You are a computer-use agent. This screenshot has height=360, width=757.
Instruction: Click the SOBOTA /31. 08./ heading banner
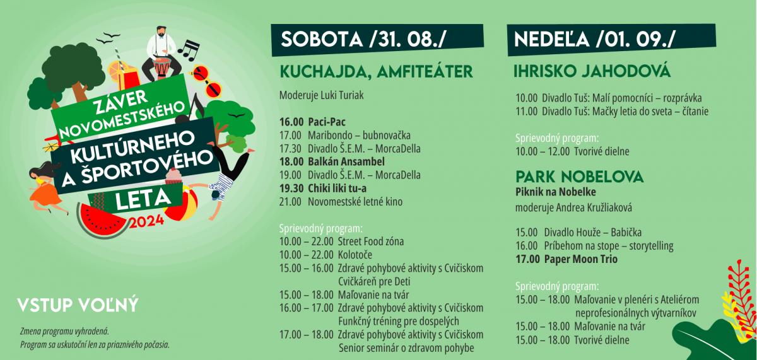coord(377,40)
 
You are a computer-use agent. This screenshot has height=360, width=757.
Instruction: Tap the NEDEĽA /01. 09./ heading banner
coord(611,40)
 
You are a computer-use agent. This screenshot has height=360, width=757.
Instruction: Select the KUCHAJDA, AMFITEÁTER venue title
coord(376,72)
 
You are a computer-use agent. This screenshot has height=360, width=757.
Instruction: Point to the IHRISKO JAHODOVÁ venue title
coord(592,71)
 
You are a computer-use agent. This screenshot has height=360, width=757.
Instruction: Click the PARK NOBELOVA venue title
coord(580,177)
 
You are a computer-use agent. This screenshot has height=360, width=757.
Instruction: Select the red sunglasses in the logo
coord(206,81)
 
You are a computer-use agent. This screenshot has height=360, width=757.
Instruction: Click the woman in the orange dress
coord(45,187)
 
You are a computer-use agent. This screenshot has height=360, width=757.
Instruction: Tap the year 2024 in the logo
coord(146,222)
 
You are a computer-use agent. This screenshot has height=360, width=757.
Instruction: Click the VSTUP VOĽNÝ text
coord(78,305)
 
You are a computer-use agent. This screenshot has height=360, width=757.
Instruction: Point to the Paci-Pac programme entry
coord(312,122)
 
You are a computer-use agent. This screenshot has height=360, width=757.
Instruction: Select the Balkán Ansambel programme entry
coord(332,162)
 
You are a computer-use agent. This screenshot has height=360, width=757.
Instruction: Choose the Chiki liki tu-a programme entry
coord(323,189)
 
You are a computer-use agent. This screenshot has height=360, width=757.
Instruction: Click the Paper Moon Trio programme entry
coord(566,259)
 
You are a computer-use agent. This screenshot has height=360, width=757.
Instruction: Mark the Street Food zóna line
coord(341,241)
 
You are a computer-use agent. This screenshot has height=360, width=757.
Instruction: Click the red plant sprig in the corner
coord(741,297)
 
